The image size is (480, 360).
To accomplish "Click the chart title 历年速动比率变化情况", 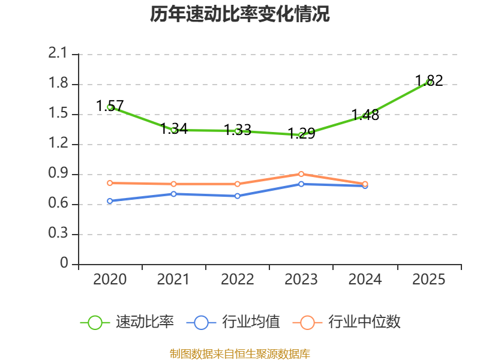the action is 239,14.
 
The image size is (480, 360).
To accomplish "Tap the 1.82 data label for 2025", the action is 429,80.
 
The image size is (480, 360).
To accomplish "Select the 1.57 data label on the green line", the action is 110,106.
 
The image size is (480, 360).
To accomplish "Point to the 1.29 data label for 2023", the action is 301,133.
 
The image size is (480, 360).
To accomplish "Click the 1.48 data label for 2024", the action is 365,115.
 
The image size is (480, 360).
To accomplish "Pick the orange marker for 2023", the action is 301,174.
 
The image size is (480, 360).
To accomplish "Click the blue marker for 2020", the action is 110,201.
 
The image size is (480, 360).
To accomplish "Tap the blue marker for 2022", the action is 238,196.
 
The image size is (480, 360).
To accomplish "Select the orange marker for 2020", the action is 110,183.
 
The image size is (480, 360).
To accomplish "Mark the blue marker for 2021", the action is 173,194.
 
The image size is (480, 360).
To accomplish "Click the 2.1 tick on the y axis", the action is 58,53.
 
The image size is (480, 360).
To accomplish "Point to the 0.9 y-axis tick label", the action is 58,173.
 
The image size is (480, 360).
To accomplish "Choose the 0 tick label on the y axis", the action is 64,263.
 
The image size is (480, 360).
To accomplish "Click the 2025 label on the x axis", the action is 428,280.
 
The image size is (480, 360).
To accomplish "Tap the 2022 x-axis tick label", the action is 237,280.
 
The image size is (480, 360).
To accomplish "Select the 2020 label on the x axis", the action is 110,280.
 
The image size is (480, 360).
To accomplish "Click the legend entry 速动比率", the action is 127,322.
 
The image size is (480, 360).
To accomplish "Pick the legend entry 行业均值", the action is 233,322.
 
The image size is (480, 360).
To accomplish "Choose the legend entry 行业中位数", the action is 347,322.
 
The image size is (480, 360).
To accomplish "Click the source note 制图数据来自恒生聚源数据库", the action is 240,354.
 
